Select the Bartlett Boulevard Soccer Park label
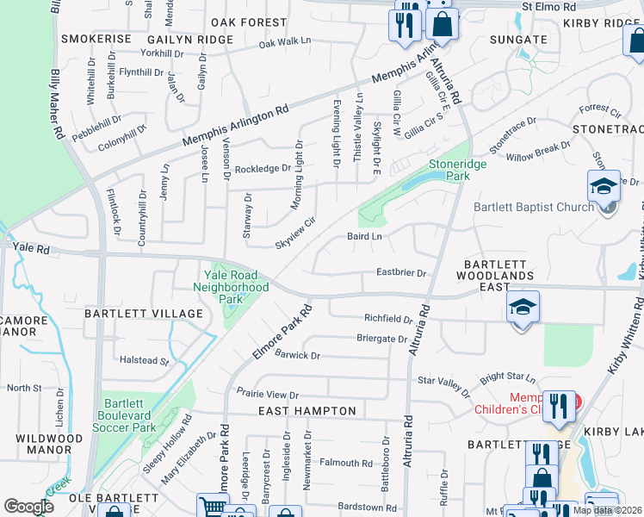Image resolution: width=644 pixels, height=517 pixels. click(x=129, y=414)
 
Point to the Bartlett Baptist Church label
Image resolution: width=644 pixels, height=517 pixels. click(x=534, y=207)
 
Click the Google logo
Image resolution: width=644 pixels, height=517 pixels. click(x=29, y=507)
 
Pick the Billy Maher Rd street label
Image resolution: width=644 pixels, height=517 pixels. click(x=58, y=106)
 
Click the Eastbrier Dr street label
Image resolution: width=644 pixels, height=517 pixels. click(x=401, y=273)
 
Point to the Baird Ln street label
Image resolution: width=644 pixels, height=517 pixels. click(x=364, y=235)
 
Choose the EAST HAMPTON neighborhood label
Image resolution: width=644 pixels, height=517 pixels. click(x=307, y=412)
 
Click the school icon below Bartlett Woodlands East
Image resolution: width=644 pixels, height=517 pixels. click(x=523, y=308)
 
